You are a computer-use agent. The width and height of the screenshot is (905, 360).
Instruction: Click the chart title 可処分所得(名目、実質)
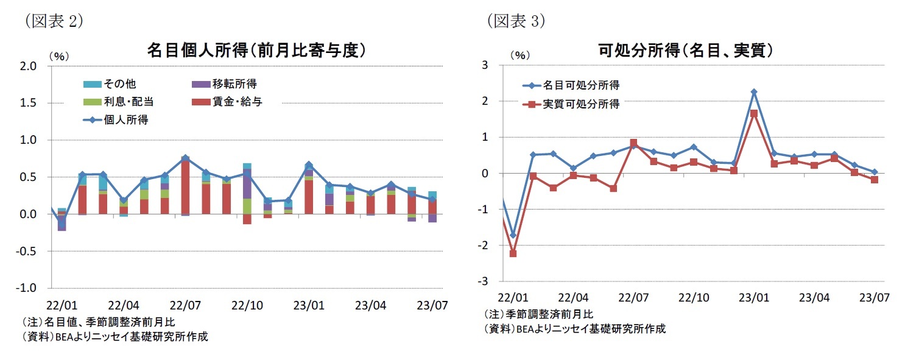click(x=686, y=50)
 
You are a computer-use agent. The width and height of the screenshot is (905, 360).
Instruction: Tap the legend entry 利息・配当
click(x=114, y=102)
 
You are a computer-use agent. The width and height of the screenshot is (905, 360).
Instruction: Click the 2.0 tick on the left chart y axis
click(x=29, y=66)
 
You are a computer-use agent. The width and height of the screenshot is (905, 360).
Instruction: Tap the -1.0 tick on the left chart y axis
click(x=27, y=288)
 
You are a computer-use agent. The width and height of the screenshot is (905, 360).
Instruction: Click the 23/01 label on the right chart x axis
click(x=753, y=298)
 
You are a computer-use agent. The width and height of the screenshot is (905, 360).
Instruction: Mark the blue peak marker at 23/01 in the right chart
click(x=754, y=92)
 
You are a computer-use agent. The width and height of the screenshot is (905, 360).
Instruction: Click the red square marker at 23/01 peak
click(x=754, y=113)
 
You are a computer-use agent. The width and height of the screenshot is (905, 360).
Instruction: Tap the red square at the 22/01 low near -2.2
click(x=513, y=253)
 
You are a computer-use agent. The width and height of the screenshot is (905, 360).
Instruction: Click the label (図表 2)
click(x=54, y=21)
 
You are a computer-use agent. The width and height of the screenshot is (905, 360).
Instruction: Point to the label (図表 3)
click(x=515, y=21)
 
